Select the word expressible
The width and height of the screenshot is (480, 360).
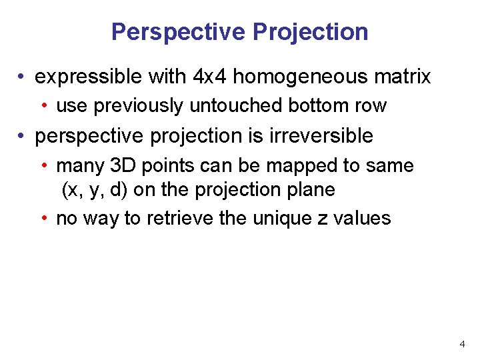[89, 77]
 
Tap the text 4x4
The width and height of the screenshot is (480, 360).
[209, 77]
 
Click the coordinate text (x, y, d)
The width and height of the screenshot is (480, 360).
[95, 190]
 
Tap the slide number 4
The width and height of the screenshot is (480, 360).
[462, 344]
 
